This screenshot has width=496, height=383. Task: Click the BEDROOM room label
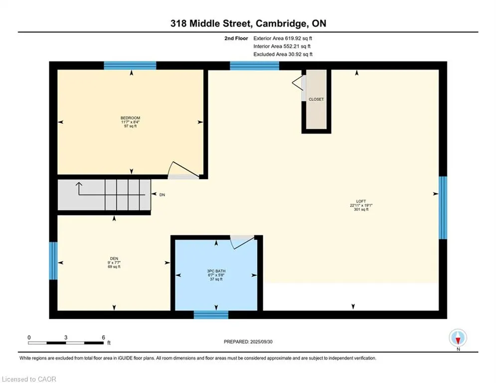(130, 118)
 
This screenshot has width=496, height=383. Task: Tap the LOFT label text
(361, 201)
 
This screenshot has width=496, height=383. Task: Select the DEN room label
(114, 259)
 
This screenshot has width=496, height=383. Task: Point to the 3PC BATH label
(216, 271)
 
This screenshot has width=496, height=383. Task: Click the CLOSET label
(317, 99)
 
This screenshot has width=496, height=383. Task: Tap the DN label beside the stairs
(163, 195)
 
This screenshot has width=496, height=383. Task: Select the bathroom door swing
(242, 242)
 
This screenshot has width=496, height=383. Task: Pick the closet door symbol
(298, 83)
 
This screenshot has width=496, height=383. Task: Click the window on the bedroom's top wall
(130, 65)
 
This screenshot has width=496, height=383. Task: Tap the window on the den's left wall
(53, 261)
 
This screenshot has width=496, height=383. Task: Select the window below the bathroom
(211, 315)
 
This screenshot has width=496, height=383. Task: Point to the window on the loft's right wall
(443, 207)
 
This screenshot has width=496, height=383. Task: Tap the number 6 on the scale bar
(104, 338)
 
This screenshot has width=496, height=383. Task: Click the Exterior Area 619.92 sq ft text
(283, 38)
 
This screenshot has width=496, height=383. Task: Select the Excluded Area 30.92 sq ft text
(283, 54)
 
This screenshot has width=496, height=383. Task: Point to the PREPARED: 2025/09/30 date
(248, 342)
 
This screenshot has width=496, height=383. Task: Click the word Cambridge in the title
(281, 23)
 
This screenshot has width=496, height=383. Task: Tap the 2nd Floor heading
(236, 38)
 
